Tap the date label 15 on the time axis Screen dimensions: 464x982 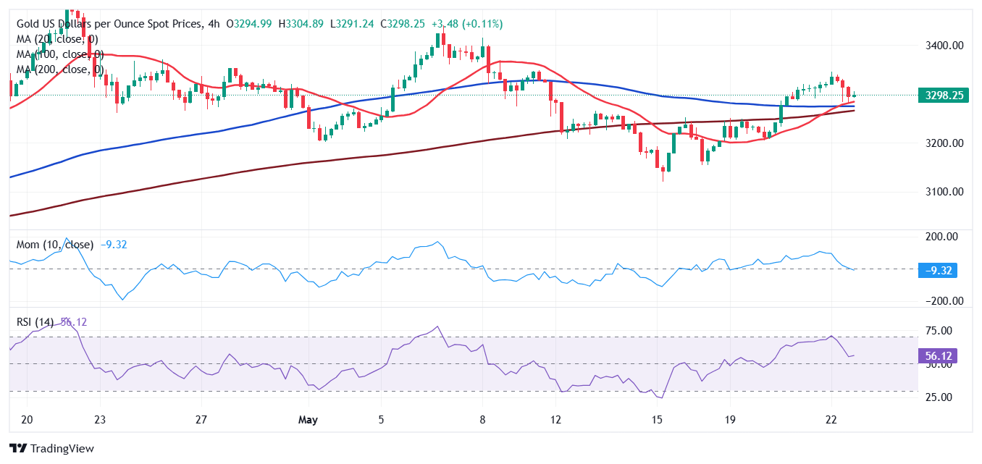pyautogui.click(x=657, y=420)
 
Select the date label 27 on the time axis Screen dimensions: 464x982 pyautogui.click(x=201, y=420)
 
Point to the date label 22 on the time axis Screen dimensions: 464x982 pyautogui.click(x=831, y=420)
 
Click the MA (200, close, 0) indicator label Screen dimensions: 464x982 pyautogui.click(x=59, y=69)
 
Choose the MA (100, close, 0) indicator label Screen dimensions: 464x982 pyautogui.click(x=59, y=54)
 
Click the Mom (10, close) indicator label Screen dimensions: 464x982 pyautogui.click(x=55, y=245)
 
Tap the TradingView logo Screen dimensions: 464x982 pyautogui.click(x=52, y=448)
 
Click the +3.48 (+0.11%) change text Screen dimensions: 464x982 pyautogui.click(x=467, y=24)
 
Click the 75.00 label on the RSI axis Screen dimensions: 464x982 pyautogui.click(x=940, y=331)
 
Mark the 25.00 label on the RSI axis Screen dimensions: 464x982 pyautogui.click(x=940, y=397)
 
